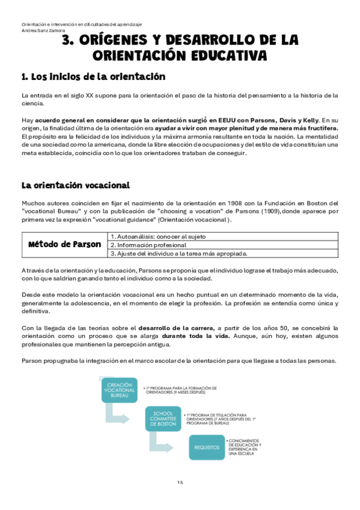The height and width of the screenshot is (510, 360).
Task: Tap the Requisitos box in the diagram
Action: coord(206,448)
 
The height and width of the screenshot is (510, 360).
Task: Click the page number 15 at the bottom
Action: coord(180,483)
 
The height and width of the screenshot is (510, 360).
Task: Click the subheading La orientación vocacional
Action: coord(76,185)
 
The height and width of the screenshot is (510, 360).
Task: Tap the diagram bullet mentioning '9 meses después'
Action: coord(181,390)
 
